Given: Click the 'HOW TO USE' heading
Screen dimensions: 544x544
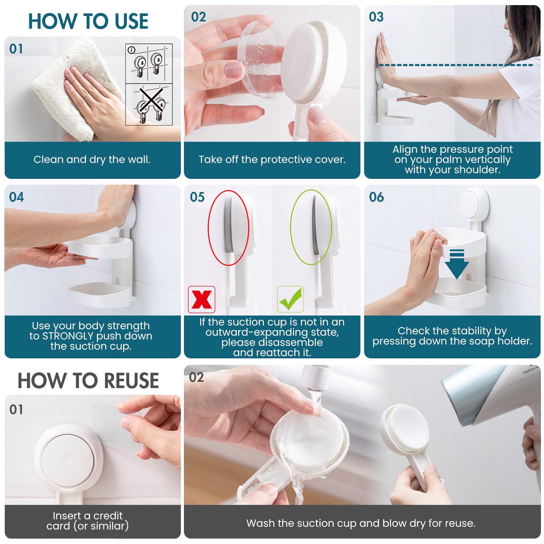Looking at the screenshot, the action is [x=88, y=21].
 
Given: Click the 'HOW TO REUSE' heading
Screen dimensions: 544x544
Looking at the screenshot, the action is [x=88, y=380].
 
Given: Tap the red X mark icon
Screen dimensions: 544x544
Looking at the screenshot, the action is [x=202, y=300].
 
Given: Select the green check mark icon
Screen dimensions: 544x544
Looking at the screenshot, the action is [x=290, y=299].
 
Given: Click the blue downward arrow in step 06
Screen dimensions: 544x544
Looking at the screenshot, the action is [x=457, y=264].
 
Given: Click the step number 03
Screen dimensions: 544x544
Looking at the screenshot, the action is [x=376, y=17].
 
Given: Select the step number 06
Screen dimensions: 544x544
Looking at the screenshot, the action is [x=376, y=197].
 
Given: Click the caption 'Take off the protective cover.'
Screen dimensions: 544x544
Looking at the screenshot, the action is [x=272, y=159].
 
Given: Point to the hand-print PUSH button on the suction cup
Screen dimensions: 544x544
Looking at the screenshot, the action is [x=67, y=459].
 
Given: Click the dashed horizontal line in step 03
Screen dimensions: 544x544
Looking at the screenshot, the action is [x=456, y=65].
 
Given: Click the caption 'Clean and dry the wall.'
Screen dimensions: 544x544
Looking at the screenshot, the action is [x=92, y=159].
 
